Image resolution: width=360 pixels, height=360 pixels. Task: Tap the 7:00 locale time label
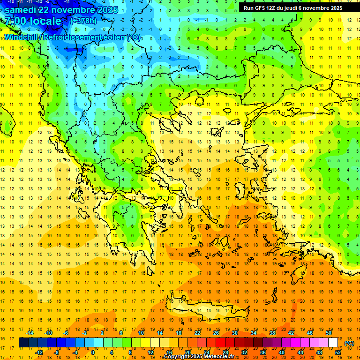[33, 22]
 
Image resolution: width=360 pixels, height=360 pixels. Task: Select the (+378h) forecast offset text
[83, 21]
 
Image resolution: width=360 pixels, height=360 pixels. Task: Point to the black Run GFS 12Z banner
[293, 8]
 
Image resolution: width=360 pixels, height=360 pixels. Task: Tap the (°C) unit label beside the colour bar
[349, 343]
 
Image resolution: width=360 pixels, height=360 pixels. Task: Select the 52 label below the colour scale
[338, 352]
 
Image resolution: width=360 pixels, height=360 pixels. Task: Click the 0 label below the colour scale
[93, 352]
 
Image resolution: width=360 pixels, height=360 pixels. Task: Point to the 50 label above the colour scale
[328, 333]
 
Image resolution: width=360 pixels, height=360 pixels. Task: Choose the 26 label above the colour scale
[216, 333]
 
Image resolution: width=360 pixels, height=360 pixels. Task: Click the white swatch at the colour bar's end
[333, 343]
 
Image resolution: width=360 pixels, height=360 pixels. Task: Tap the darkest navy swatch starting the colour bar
[24, 343]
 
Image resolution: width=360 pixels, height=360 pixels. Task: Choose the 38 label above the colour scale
[272, 333]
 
